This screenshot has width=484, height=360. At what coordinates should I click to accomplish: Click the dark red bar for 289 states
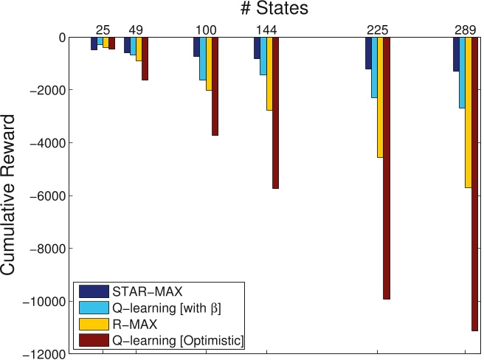click(x=474, y=184)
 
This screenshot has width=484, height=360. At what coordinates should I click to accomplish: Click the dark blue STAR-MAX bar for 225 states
click(x=368, y=53)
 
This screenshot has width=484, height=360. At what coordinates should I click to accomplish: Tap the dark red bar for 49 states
click(x=145, y=58)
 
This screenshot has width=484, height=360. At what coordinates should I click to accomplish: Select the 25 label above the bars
click(x=103, y=30)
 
